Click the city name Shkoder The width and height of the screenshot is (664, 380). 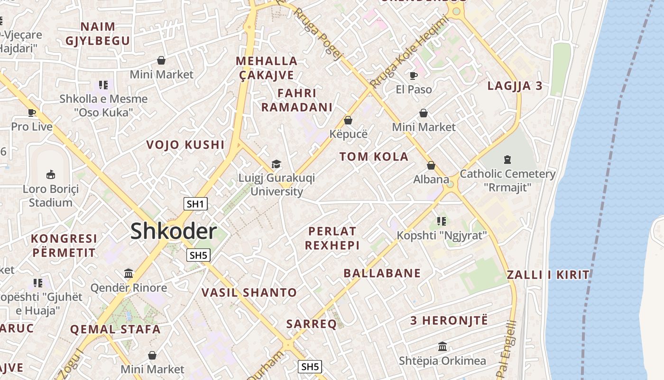pos(174,231)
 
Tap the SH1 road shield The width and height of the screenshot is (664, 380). pos(195,204)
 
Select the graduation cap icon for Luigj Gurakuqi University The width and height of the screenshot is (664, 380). pos(276,164)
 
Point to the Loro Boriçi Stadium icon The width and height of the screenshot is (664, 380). pos(51,174)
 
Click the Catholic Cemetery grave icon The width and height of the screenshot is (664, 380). pos(507,159)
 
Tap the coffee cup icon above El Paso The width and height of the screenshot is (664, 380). pos(414,75)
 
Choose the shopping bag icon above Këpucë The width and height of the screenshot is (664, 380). pos(348,120)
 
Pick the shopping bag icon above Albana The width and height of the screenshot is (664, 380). pos(431,165)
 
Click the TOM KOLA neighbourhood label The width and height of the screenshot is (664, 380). pos(374,157)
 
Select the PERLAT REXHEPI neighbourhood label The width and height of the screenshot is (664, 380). pos(332,238)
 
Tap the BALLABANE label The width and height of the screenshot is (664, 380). pos(382,273)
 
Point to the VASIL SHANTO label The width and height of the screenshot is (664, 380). pos(249,293)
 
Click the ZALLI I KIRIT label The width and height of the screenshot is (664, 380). pos(548,275)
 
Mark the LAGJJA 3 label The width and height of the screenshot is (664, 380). pos(515,86)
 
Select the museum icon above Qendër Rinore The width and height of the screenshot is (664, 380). pos(129,273)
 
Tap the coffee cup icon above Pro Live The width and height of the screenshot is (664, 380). pos(32,113)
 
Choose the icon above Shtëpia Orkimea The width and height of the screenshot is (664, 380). pos(443,346)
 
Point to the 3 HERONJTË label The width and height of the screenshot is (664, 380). pos(449,320)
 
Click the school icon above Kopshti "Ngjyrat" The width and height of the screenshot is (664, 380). pos(442,221)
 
